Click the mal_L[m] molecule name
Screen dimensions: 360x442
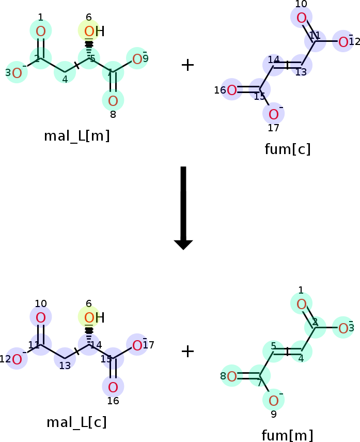76,136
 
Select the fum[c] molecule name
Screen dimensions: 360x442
288,149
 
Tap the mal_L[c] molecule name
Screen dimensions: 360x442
76,422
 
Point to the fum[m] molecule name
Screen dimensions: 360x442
287,435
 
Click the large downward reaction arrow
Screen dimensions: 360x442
183,208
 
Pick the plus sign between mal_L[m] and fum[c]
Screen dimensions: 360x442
187,65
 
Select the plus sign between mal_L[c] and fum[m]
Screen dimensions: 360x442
187,352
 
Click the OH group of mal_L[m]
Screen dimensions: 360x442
95,32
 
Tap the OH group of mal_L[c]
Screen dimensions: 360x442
95,318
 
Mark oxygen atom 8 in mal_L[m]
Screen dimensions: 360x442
113,101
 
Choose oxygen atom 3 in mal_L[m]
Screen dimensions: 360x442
17,73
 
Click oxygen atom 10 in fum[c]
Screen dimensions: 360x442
302,18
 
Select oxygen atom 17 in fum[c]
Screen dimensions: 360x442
274,114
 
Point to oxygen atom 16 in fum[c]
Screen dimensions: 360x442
232,90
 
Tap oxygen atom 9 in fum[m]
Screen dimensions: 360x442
274,401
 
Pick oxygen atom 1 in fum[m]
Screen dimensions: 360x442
302,304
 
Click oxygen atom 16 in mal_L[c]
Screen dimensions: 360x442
113,387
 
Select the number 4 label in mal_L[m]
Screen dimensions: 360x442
65,80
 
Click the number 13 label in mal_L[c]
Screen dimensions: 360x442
65,365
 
